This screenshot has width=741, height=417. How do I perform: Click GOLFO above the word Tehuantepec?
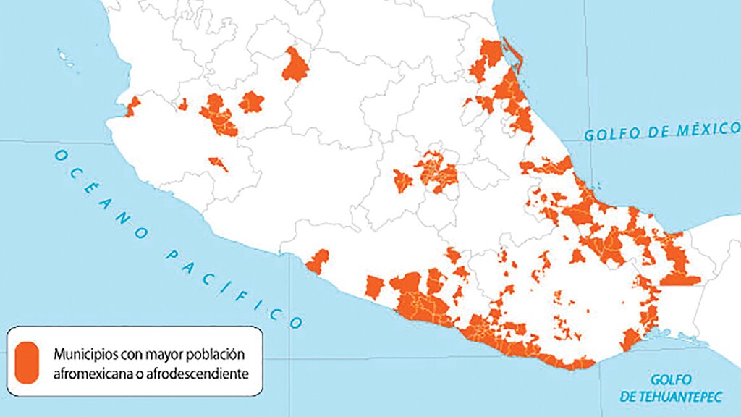coord(671,379)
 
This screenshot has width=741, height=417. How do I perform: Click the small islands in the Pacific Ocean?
coord(66,55)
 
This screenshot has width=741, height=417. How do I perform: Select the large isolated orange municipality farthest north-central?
coord(295,65)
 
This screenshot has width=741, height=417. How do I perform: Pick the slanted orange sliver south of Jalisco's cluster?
coord(218,164)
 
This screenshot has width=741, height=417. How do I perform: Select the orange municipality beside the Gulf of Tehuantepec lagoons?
coord(631,339)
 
